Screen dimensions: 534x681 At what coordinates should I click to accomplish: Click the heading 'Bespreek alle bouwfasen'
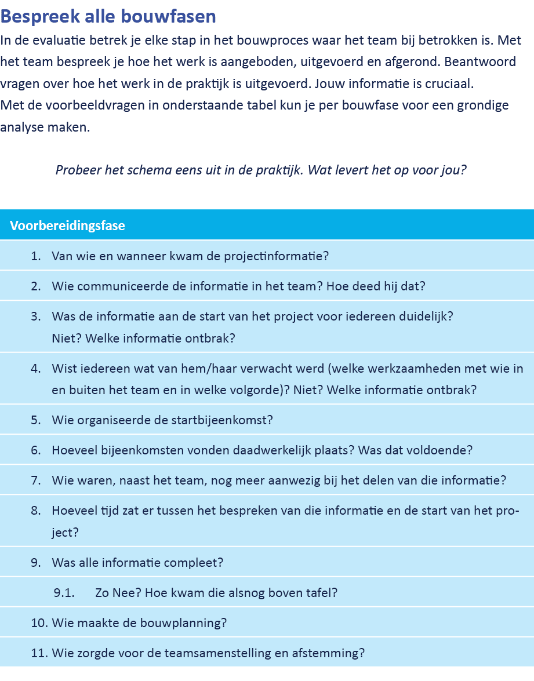pos(108,17)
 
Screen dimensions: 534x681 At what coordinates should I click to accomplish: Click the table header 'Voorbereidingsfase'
pos(67,225)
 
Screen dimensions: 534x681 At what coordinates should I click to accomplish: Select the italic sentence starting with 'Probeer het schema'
pos(261,170)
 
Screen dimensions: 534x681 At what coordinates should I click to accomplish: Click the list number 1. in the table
pos(37,256)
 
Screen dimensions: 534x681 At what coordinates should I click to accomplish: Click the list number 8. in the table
pos(37,511)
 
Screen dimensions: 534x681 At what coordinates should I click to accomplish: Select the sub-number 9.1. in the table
pos(64,592)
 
